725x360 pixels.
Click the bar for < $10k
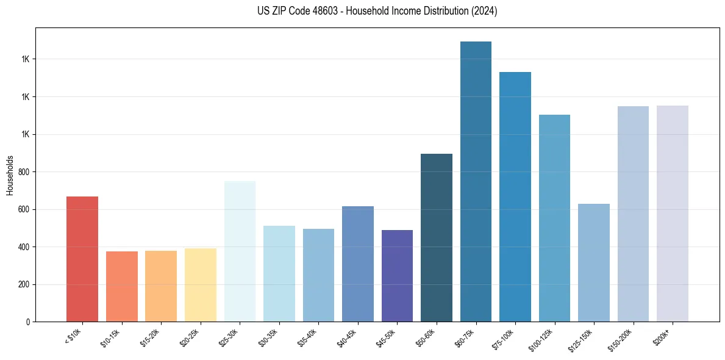tap(82, 259)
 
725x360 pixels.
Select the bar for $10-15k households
tap(121, 287)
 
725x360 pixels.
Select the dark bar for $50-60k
tap(437, 238)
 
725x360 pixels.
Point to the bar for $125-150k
tap(594, 263)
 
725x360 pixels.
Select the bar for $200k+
tap(673, 214)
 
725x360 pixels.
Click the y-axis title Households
tap(10, 175)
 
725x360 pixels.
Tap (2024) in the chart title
tap(485, 11)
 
